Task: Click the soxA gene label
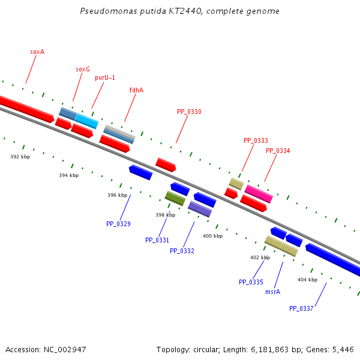[37, 52]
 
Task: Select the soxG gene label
[83, 70]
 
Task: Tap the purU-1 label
[105, 78]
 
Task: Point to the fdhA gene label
[136, 91]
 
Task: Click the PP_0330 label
[189, 112]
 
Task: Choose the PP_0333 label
[256, 141]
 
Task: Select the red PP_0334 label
[278, 151]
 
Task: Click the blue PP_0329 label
[118, 224]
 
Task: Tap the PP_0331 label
[157, 240]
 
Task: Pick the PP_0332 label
[182, 251]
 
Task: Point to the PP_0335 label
[251, 282]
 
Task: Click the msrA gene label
[272, 292]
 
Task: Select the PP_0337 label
[301, 308]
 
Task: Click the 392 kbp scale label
[20, 157]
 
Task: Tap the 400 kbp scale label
[212, 236]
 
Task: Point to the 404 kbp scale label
[307, 280]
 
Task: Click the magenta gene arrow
[259, 194]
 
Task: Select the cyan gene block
[86, 121]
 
